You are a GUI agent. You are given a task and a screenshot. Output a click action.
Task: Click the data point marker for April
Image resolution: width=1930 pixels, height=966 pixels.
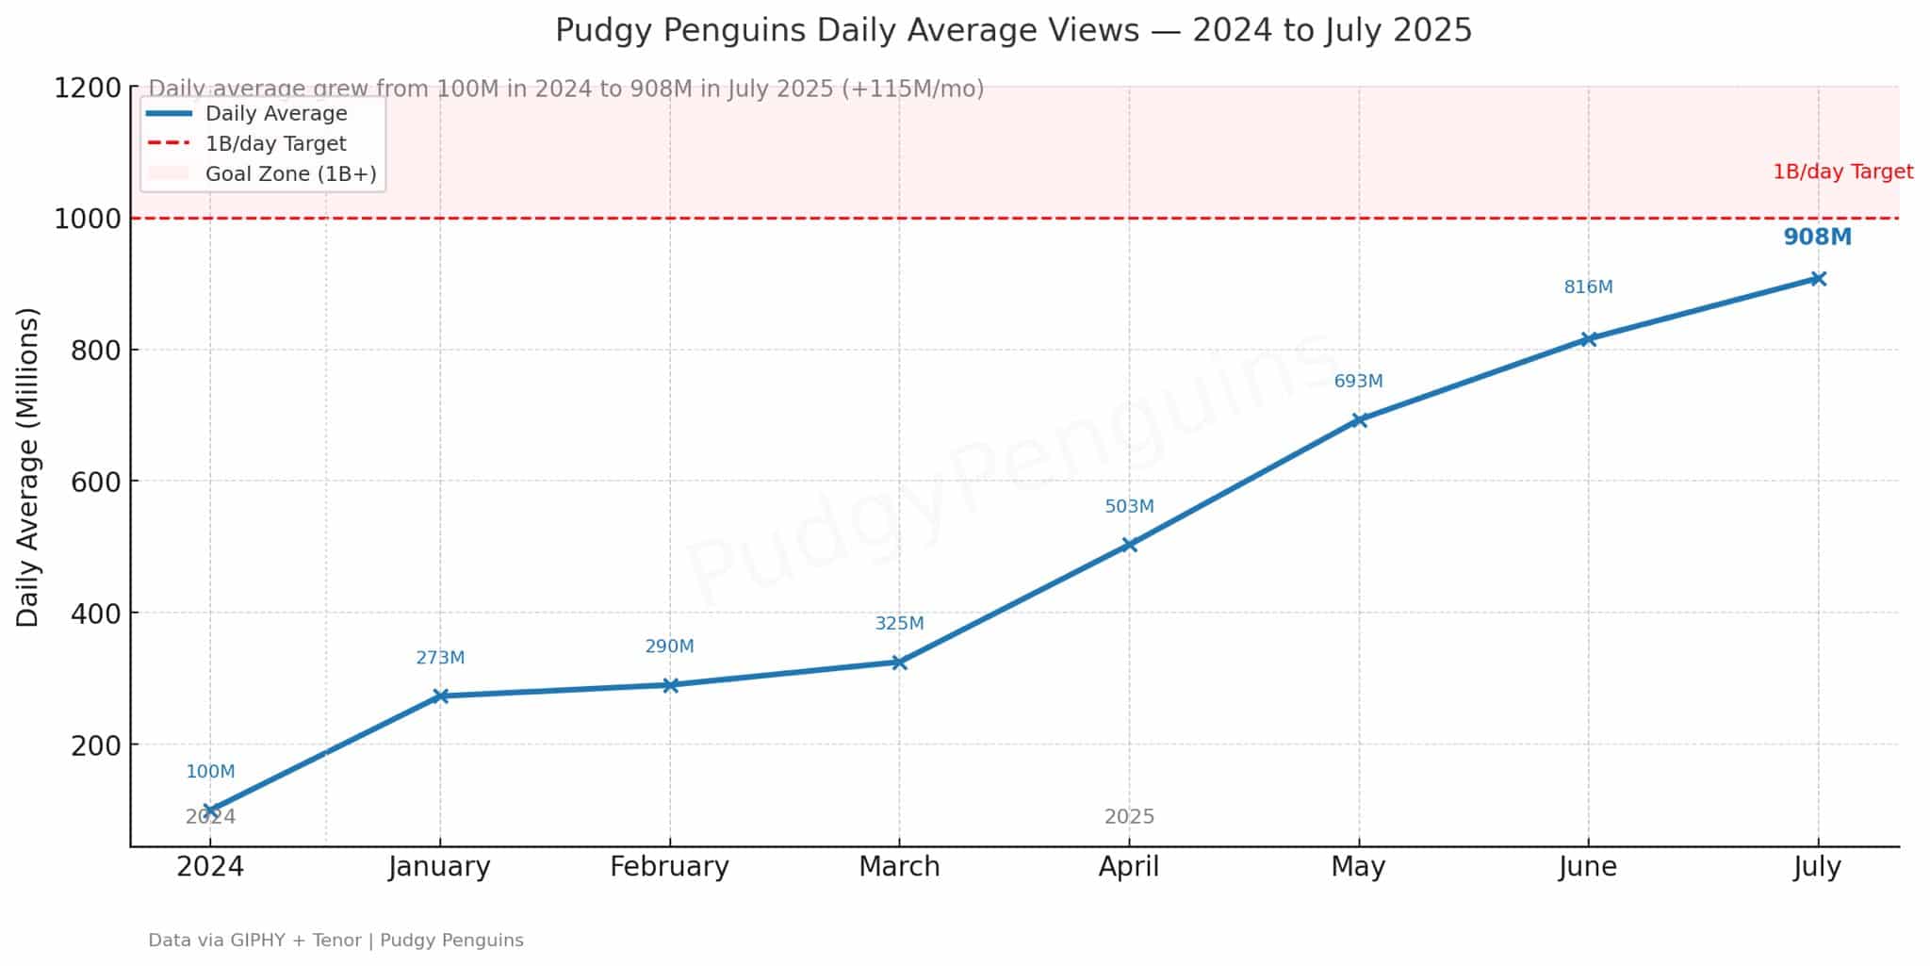click(x=1129, y=544)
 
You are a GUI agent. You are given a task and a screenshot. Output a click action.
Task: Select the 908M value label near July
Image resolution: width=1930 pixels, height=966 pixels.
click(x=1817, y=237)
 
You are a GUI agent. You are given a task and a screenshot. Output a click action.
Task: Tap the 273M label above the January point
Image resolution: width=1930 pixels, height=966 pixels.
click(x=440, y=658)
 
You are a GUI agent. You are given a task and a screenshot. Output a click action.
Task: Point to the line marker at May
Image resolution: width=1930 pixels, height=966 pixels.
click(x=1359, y=419)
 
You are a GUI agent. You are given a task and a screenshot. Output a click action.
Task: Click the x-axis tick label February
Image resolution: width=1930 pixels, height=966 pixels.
click(x=669, y=866)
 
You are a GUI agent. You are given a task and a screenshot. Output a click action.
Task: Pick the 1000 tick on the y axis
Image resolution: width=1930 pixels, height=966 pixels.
click(x=88, y=219)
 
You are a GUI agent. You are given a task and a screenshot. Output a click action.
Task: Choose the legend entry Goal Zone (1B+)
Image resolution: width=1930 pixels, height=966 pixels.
click(x=290, y=174)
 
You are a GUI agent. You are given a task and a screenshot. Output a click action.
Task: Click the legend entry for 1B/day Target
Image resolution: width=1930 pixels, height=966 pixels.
click(x=275, y=144)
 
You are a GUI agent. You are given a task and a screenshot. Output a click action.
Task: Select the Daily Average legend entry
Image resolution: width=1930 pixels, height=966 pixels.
click(x=276, y=114)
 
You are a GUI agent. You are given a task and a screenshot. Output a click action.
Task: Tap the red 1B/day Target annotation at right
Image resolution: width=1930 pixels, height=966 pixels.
click(x=1842, y=172)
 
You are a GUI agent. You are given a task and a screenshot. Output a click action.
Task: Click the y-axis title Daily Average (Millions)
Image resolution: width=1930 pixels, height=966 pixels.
click(x=28, y=467)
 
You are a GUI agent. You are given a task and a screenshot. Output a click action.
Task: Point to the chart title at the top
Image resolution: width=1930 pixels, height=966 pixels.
click(x=1013, y=30)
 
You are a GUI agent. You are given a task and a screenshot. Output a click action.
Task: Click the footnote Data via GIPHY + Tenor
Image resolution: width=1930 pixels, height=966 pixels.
click(x=335, y=940)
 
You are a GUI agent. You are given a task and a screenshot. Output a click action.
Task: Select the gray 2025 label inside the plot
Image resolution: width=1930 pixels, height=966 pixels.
click(x=1129, y=816)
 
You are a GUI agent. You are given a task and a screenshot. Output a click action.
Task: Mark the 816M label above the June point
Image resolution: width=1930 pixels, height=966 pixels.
click(x=1588, y=287)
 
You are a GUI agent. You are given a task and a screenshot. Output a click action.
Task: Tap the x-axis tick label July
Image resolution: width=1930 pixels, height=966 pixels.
click(x=1817, y=866)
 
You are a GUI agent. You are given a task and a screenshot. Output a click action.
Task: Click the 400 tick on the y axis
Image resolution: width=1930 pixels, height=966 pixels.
click(x=96, y=614)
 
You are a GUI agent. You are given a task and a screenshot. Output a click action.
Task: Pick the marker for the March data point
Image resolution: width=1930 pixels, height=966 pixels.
click(x=899, y=662)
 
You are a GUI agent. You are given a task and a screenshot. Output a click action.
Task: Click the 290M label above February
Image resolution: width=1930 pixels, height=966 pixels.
click(x=669, y=647)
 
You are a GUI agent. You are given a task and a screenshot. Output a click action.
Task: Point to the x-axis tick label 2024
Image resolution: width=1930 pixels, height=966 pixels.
click(x=210, y=866)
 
